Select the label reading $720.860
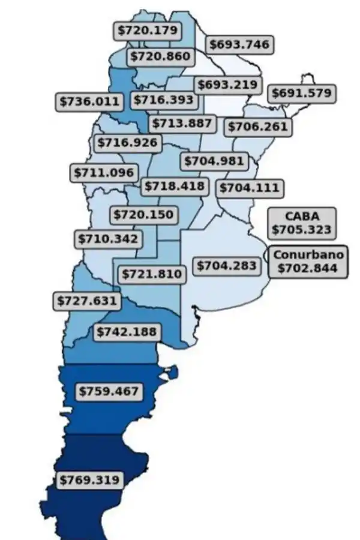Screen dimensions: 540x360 [159, 57]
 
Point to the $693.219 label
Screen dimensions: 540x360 [227, 85]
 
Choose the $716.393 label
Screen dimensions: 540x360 [164, 99]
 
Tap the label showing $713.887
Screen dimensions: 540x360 [182, 124]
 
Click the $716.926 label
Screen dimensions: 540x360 [128, 143]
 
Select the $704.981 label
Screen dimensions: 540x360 [214, 161]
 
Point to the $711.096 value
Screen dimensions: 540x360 [103, 172]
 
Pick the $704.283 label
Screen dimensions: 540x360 [226, 265]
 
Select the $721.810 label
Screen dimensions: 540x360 [151, 274]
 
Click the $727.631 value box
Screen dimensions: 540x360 [86, 300]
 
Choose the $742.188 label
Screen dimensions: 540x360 [125, 331]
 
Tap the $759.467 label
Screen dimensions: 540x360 [110, 391]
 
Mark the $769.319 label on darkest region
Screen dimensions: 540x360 [89, 480]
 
